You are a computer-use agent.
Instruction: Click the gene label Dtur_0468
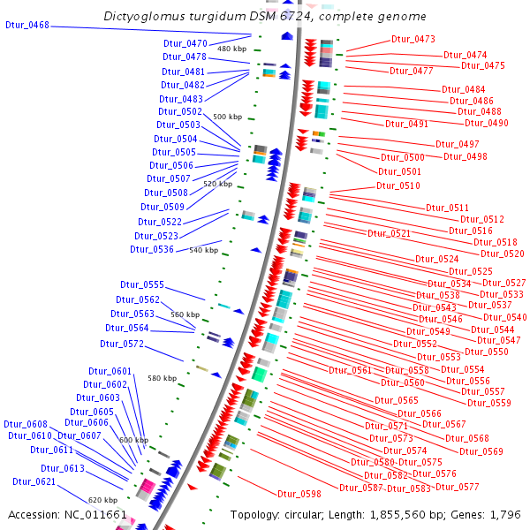click(x=27, y=26)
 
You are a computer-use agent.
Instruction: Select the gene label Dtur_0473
click(x=413, y=39)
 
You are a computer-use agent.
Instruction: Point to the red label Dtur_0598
click(x=299, y=494)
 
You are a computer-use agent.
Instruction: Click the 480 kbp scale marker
click(x=231, y=49)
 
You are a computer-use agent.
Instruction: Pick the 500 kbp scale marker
click(x=227, y=117)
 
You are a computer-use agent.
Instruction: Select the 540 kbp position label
click(x=203, y=250)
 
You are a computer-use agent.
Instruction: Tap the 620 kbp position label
click(x=102, y=500)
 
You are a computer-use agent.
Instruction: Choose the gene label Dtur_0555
click(x=141, y=284)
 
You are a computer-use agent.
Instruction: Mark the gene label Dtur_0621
click(x=34, y=481)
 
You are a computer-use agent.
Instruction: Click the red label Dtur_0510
click(x=398, y=185)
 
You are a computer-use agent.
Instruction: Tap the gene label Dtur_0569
click(x=481, y=451)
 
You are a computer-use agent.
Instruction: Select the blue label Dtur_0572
click(x=122, y=344)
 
